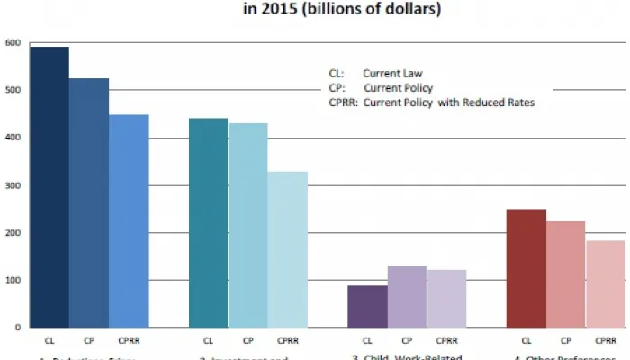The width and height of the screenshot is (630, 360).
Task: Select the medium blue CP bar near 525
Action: (x=89, y=202)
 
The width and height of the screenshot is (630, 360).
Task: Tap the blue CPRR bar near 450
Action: (x=129, y=220)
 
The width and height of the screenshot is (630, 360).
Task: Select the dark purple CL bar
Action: (x=367, y=306)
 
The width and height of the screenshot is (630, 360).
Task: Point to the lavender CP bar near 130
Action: (x=407, y=296)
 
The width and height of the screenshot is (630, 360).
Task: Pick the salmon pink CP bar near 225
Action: (x=566, y=274)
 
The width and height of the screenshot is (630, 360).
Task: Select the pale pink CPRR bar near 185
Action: (x=605, y=283)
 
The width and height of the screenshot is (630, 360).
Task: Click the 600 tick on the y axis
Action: (x=12, y=42)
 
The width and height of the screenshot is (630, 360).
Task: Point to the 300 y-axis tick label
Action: (x=12, y=185)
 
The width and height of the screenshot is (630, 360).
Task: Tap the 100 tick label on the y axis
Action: (x=12, y=281)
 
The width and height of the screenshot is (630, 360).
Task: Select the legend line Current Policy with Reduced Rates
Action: (x=432, y=103)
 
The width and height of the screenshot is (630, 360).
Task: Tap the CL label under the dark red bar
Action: (x=526, y=341)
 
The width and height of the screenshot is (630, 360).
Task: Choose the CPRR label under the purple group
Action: (x=446, y=341)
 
